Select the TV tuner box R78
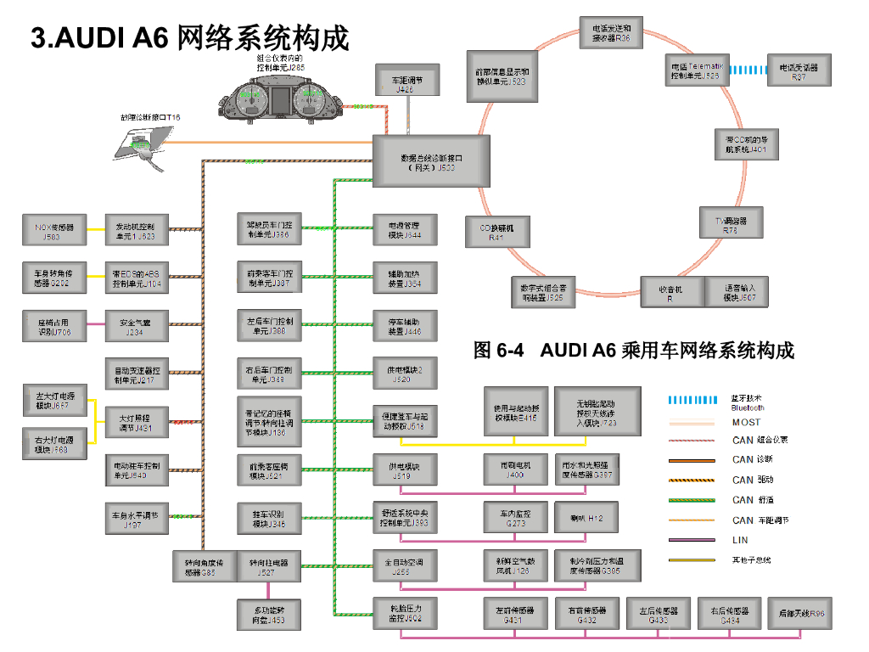pyautogui.click(x=731, y=224)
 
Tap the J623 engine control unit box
pyautogui.click(x=136, y=232)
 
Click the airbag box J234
pyautogui.click(x=136, y=327)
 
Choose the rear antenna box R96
pyautogui.click(x=800, y=613)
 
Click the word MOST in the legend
pyautogui.click(x=747, y=422)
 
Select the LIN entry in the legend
pyautogui.click(x=740, y=540)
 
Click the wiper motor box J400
pyautogui.click(x=515, y=469)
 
